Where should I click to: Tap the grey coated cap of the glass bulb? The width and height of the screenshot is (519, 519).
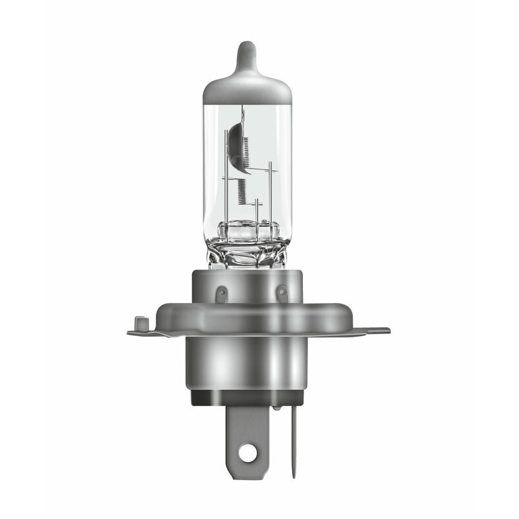click(247, 88)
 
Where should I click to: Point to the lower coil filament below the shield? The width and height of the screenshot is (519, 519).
click(242, 191)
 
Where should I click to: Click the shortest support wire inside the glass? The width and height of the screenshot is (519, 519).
click(257, 211)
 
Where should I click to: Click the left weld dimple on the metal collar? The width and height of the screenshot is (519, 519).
click(221, 293)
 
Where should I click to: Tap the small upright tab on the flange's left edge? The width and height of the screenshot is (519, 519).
click(137, 322)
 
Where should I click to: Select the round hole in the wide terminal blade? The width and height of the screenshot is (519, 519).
click(247, 453)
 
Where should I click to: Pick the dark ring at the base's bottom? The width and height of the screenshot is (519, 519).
click(247, 397)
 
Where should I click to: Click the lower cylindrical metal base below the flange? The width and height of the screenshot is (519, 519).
click(247, 363)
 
